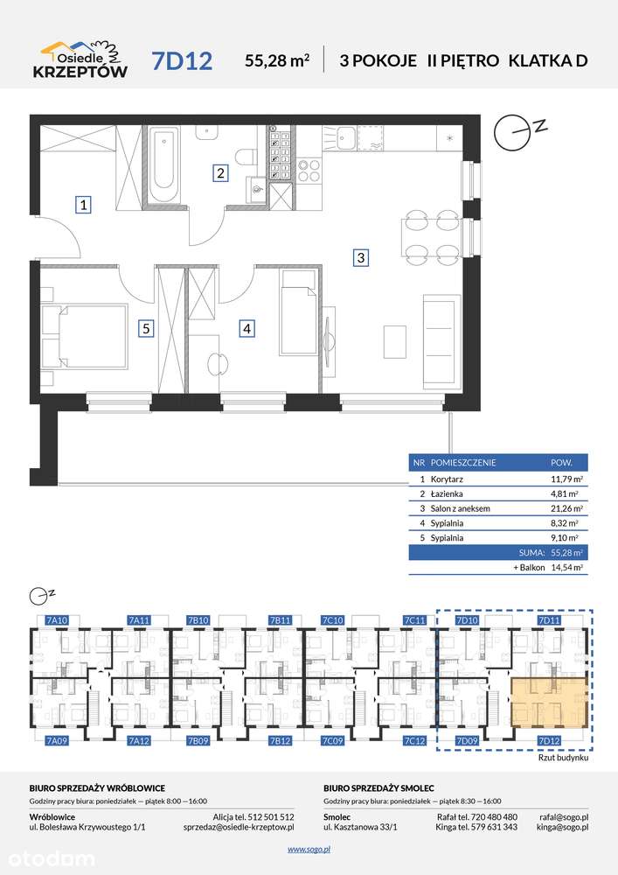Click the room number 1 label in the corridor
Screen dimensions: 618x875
click(84, 205)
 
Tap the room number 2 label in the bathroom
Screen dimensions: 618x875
click(220, 173)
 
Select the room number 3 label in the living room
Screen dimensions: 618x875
click(361, 258)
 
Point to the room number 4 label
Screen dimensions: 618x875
click(247, 329)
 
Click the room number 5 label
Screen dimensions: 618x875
click(146, 329)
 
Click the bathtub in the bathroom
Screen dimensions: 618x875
click(164, 165)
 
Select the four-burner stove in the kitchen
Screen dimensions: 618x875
click(309, 171)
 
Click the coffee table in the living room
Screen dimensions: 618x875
click(395, 341)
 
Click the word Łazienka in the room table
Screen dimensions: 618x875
click(447, 493)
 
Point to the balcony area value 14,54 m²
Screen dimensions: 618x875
click(566, 568)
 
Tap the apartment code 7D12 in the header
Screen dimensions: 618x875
click(182, 61)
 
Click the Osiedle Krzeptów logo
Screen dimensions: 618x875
click(80, 59)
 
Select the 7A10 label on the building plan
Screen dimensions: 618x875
click(57, 620)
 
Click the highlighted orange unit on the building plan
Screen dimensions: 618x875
click(549, 703)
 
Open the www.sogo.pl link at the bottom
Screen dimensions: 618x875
click(309, 850)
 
